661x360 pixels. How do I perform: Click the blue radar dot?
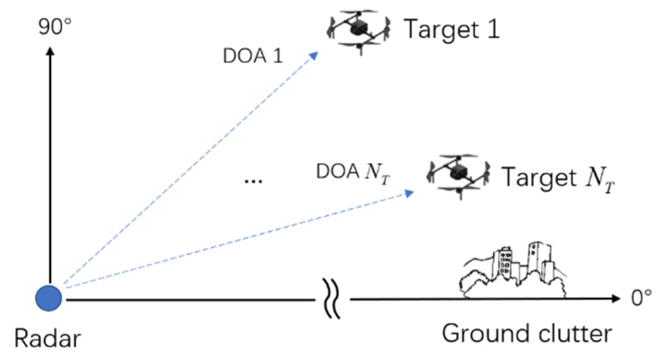[x=49, y=298]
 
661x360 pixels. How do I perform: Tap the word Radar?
[x=47, y=338]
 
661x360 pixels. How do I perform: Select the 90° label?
[x=55, y=26]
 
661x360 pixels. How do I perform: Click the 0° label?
[x=641, y=298]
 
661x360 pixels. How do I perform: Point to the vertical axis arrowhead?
[x=50, y=51]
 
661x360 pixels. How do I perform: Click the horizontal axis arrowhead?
[x=616, y=299]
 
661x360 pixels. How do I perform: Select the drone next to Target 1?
[x=359, y=30]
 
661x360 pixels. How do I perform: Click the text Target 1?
[x=452, y=30]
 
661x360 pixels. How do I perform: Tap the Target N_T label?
[x=558, y=178]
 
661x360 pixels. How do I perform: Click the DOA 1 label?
[x=253, y=56]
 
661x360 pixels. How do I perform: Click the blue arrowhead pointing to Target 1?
[x=313, y=56]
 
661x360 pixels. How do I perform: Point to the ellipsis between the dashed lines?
[x=253, y=181]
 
